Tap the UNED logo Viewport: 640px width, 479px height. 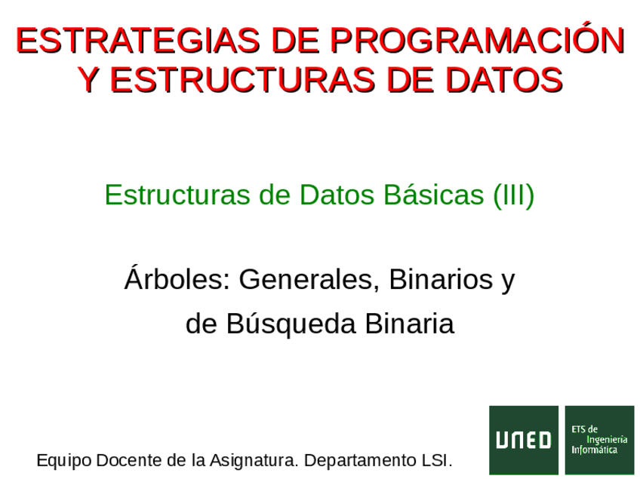[524, 440]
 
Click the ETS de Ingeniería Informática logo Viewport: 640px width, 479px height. [600, 440]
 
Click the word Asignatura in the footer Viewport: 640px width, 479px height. [252, 460]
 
